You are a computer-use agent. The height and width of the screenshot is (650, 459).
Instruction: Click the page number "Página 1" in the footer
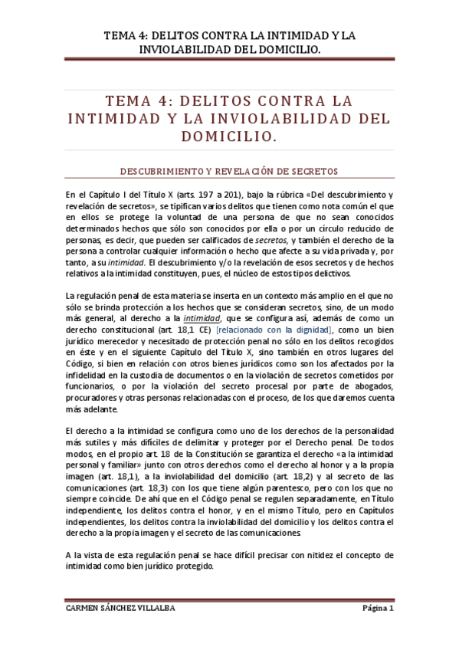[377, 609]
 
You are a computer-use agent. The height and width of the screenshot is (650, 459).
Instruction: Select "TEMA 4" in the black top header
[123, 35]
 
